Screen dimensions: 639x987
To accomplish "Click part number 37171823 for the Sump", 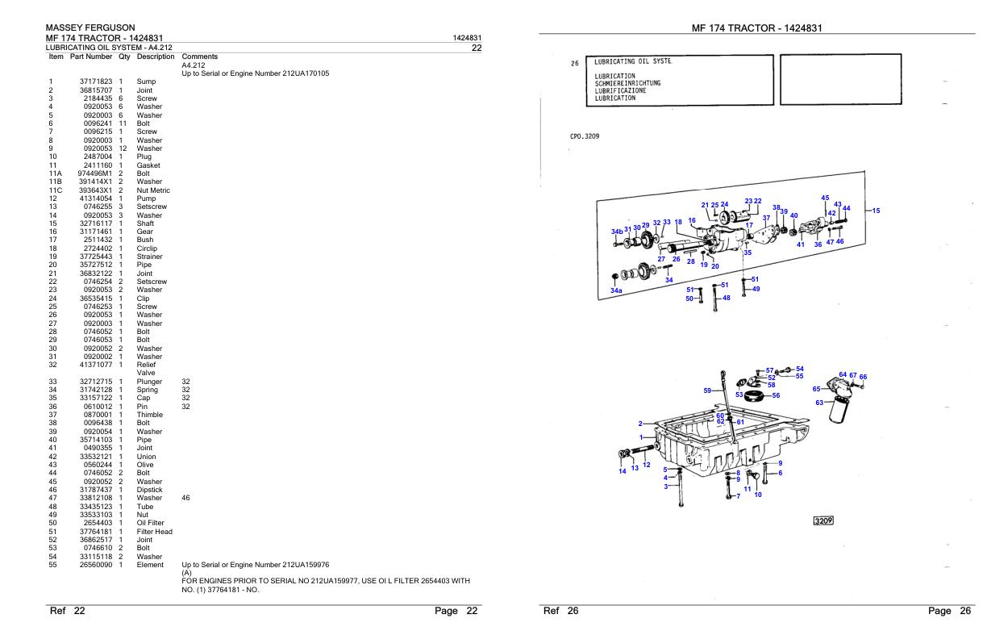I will coord(95,81).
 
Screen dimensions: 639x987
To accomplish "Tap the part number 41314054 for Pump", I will coord(95,198).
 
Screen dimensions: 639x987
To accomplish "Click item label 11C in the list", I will coord(56,190).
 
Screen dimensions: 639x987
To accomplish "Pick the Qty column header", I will coord(124,56).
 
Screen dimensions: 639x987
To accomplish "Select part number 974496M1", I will coord(94,173).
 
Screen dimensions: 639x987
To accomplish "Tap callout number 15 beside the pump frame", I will coord(876,211).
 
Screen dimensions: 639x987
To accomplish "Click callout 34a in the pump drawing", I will coord(616,290).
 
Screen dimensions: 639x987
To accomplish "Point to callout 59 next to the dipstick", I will coord(708,390).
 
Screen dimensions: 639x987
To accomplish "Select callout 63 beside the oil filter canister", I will coord(819,403).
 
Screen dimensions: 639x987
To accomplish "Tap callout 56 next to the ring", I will coord(776,395).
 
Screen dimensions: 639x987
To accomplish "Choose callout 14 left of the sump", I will coord(623,471).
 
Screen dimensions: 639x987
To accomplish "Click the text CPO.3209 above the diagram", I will coord(584,136).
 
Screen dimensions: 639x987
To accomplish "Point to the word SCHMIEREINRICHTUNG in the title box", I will coord(627,83).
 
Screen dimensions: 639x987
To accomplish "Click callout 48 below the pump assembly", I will coord(726,298).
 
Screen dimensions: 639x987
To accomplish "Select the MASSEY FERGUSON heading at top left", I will coord(90,28).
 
